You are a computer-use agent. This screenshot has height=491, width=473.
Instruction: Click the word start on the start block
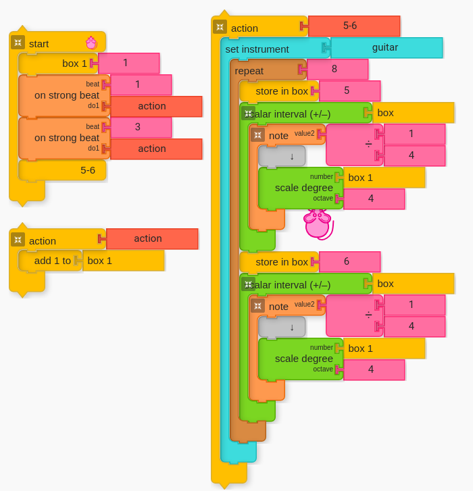pyautogui.click(x=39, y=44)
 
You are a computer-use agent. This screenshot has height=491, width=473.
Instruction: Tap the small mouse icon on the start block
pyautogui.click(x=91, y=43)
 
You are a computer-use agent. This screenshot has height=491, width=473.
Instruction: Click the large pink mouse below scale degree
pyautogui.click(x=318, y=224)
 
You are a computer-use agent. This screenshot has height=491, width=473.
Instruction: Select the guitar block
pyautogui.click(x=387, y=47)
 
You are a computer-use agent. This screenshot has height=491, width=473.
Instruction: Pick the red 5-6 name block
pyautogui.click(x=354, y=26)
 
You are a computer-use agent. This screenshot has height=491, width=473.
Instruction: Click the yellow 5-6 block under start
pyautogui.click(x=62, y=170)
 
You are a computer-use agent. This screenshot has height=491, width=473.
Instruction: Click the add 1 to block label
pyautogui.click(x=52, y=261)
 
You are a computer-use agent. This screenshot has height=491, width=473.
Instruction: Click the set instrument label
pyautogui.click(x=257, y=49)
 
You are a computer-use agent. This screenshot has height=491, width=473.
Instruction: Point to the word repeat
pyautogui.click(x=249, y=71)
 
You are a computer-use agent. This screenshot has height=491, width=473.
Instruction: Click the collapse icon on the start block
pyautogui.click(x=18, y=43)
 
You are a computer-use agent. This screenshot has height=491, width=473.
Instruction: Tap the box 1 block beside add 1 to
pyautogui.click(x=124, y=261)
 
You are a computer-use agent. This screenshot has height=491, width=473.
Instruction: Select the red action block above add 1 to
pyautogui.click(x=152, y=239)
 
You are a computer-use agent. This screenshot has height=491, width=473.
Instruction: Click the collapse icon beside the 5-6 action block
pyautogui.click(x=220, y=27)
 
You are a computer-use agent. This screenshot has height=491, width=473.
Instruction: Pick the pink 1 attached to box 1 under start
pyautogui.click(x=129, y=63)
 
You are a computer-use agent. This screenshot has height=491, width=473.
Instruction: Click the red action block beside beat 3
pyautogui.click(x=156, y=149)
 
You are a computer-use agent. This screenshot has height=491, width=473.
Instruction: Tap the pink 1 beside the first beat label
pyautogui.click(x=141, y=84)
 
